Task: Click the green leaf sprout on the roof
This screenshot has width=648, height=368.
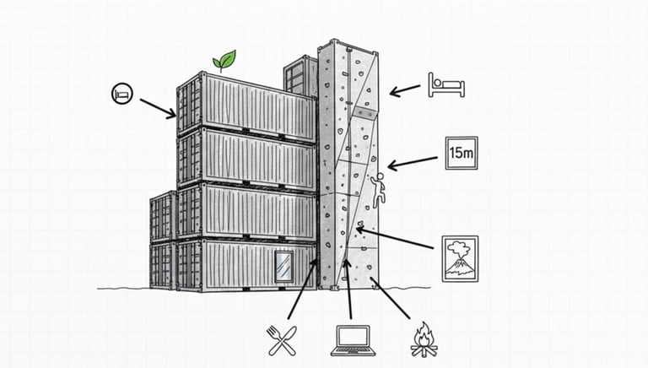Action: [x=224, y=61]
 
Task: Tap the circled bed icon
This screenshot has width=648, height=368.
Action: [x=121, y=93]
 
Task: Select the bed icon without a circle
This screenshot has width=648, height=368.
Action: [x=446, y=84]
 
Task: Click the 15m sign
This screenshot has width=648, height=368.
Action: [x=462, y=154]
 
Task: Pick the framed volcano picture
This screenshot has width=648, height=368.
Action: [x=460, y=258]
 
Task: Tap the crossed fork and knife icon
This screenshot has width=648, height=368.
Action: [x=280, y=338]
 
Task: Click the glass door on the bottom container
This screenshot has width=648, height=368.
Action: [x=284, y=263]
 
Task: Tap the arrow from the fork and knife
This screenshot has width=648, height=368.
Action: [x=301, y=290]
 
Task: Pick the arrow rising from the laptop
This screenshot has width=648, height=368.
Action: [x=348, y=287]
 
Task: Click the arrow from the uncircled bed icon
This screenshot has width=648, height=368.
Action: [x=405, y=88]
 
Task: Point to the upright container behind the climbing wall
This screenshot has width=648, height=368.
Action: [x=299, y=76]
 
